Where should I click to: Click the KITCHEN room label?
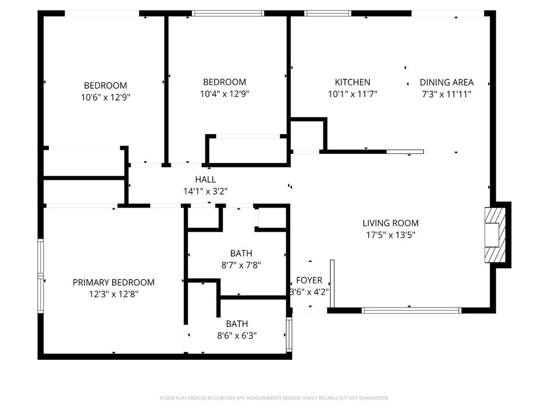[x=352, y=82]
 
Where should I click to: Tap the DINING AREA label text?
[x=447, y=82]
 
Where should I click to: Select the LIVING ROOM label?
[x=390, y=223]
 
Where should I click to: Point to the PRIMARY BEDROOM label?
[x=113, y=282]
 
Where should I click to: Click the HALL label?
[x=205, y=179]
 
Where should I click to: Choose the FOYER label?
[x=309, y=280]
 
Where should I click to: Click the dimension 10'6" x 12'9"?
[x=105, y=97]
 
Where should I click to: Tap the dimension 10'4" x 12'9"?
[x=224, y=94]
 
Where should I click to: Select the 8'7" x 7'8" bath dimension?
[x=241, y=265]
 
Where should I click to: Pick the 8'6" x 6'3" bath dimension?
[x=237, y=336]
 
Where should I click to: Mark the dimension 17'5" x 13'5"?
[x=390, y=235]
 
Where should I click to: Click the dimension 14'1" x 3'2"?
[x=205, y=191]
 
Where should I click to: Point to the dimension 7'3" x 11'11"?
[x=447, y=94]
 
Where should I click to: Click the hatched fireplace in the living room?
[x=495, y=235]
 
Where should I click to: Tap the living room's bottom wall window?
[x=411, y=310]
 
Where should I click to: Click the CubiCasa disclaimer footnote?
[x=274, y=398]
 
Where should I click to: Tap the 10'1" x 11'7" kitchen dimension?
[x=352, y=94]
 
